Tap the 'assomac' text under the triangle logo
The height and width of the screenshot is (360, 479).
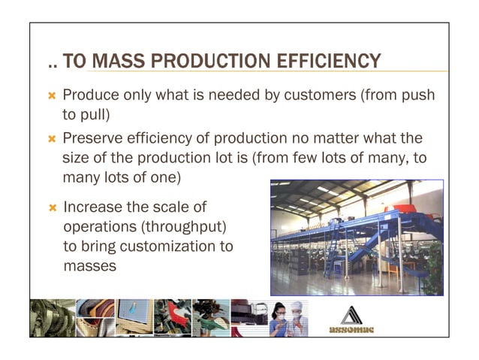point(350,328)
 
